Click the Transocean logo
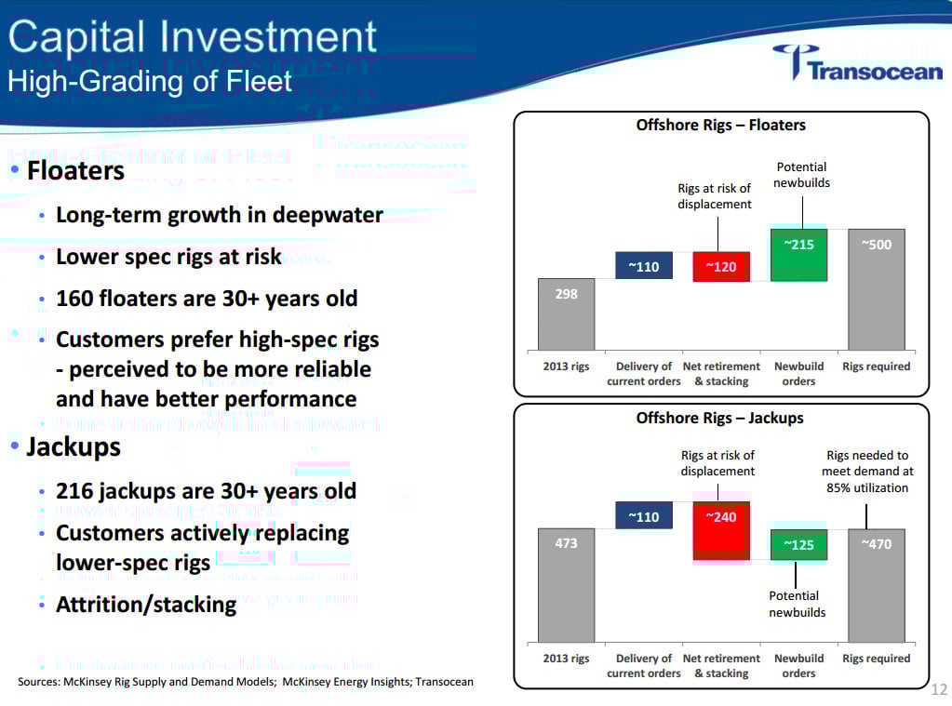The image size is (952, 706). (x=857, y=64)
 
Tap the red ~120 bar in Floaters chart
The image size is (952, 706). (x=721, y=266)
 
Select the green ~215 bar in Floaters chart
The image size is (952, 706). (x=798, y=254)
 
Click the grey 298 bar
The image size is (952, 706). (x=567, y=313)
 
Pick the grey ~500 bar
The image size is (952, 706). (x=876, y=288)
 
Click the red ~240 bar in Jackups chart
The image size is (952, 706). (x=721, y=530)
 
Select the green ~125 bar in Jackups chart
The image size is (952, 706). (x=798, y=544)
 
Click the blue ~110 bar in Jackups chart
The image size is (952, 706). (x=644, y=515)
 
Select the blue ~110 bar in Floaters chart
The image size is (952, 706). (x=644, y=266)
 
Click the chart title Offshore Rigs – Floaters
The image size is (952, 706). (x=720, y=125)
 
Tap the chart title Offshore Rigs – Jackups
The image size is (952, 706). (x=719, y=418)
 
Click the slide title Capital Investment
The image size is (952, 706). (x=193, y=37)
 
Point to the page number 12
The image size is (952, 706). (x=938, y=689)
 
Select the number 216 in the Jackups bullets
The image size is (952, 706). (x=75, y=491)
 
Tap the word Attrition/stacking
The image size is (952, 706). (x=146, y=605)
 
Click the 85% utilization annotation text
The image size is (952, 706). (x=866, y=487)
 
